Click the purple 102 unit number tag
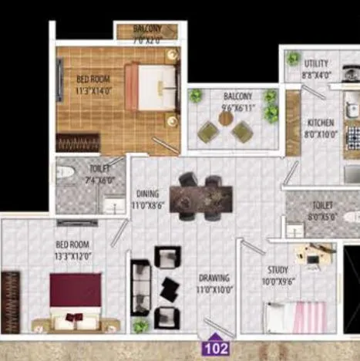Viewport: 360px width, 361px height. tap(217, 348)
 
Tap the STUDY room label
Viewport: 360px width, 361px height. tap(278, 270)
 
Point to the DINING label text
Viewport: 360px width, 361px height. tap(147, 194)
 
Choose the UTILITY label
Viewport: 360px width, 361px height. tap(316, 63)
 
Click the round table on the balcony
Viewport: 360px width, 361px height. tap(226, 119)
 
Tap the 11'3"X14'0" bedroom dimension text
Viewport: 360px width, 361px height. tap(94, 89)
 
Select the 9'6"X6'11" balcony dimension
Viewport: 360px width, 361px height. tap(237, 106)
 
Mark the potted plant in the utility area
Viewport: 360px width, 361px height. tap(293, 58)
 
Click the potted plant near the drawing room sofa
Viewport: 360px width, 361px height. tap(140, 326)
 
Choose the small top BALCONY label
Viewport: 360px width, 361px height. tap(147, 28)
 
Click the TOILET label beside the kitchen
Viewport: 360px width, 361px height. tap(322, 206)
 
